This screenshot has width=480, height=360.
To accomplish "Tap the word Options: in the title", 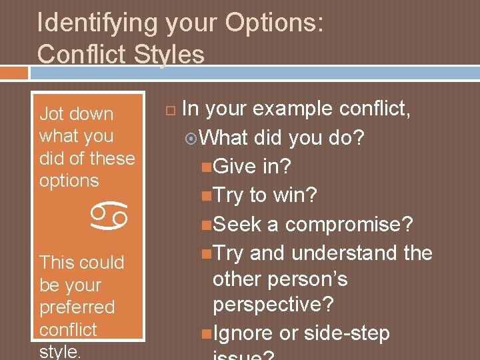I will (274, 23).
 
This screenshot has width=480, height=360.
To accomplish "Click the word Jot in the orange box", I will (51, 114).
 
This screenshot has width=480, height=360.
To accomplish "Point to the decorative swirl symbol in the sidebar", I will (110, 215).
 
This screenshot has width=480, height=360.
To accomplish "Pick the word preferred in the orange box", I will (77, 307).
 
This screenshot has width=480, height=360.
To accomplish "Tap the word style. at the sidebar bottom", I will (59, 351).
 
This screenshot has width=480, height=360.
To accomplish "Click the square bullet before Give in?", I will (207, 167).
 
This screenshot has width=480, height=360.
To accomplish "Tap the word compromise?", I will (349, 225).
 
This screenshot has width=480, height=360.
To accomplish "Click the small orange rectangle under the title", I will (14, 72).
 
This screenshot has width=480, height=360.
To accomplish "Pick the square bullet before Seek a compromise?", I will (207, 225).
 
